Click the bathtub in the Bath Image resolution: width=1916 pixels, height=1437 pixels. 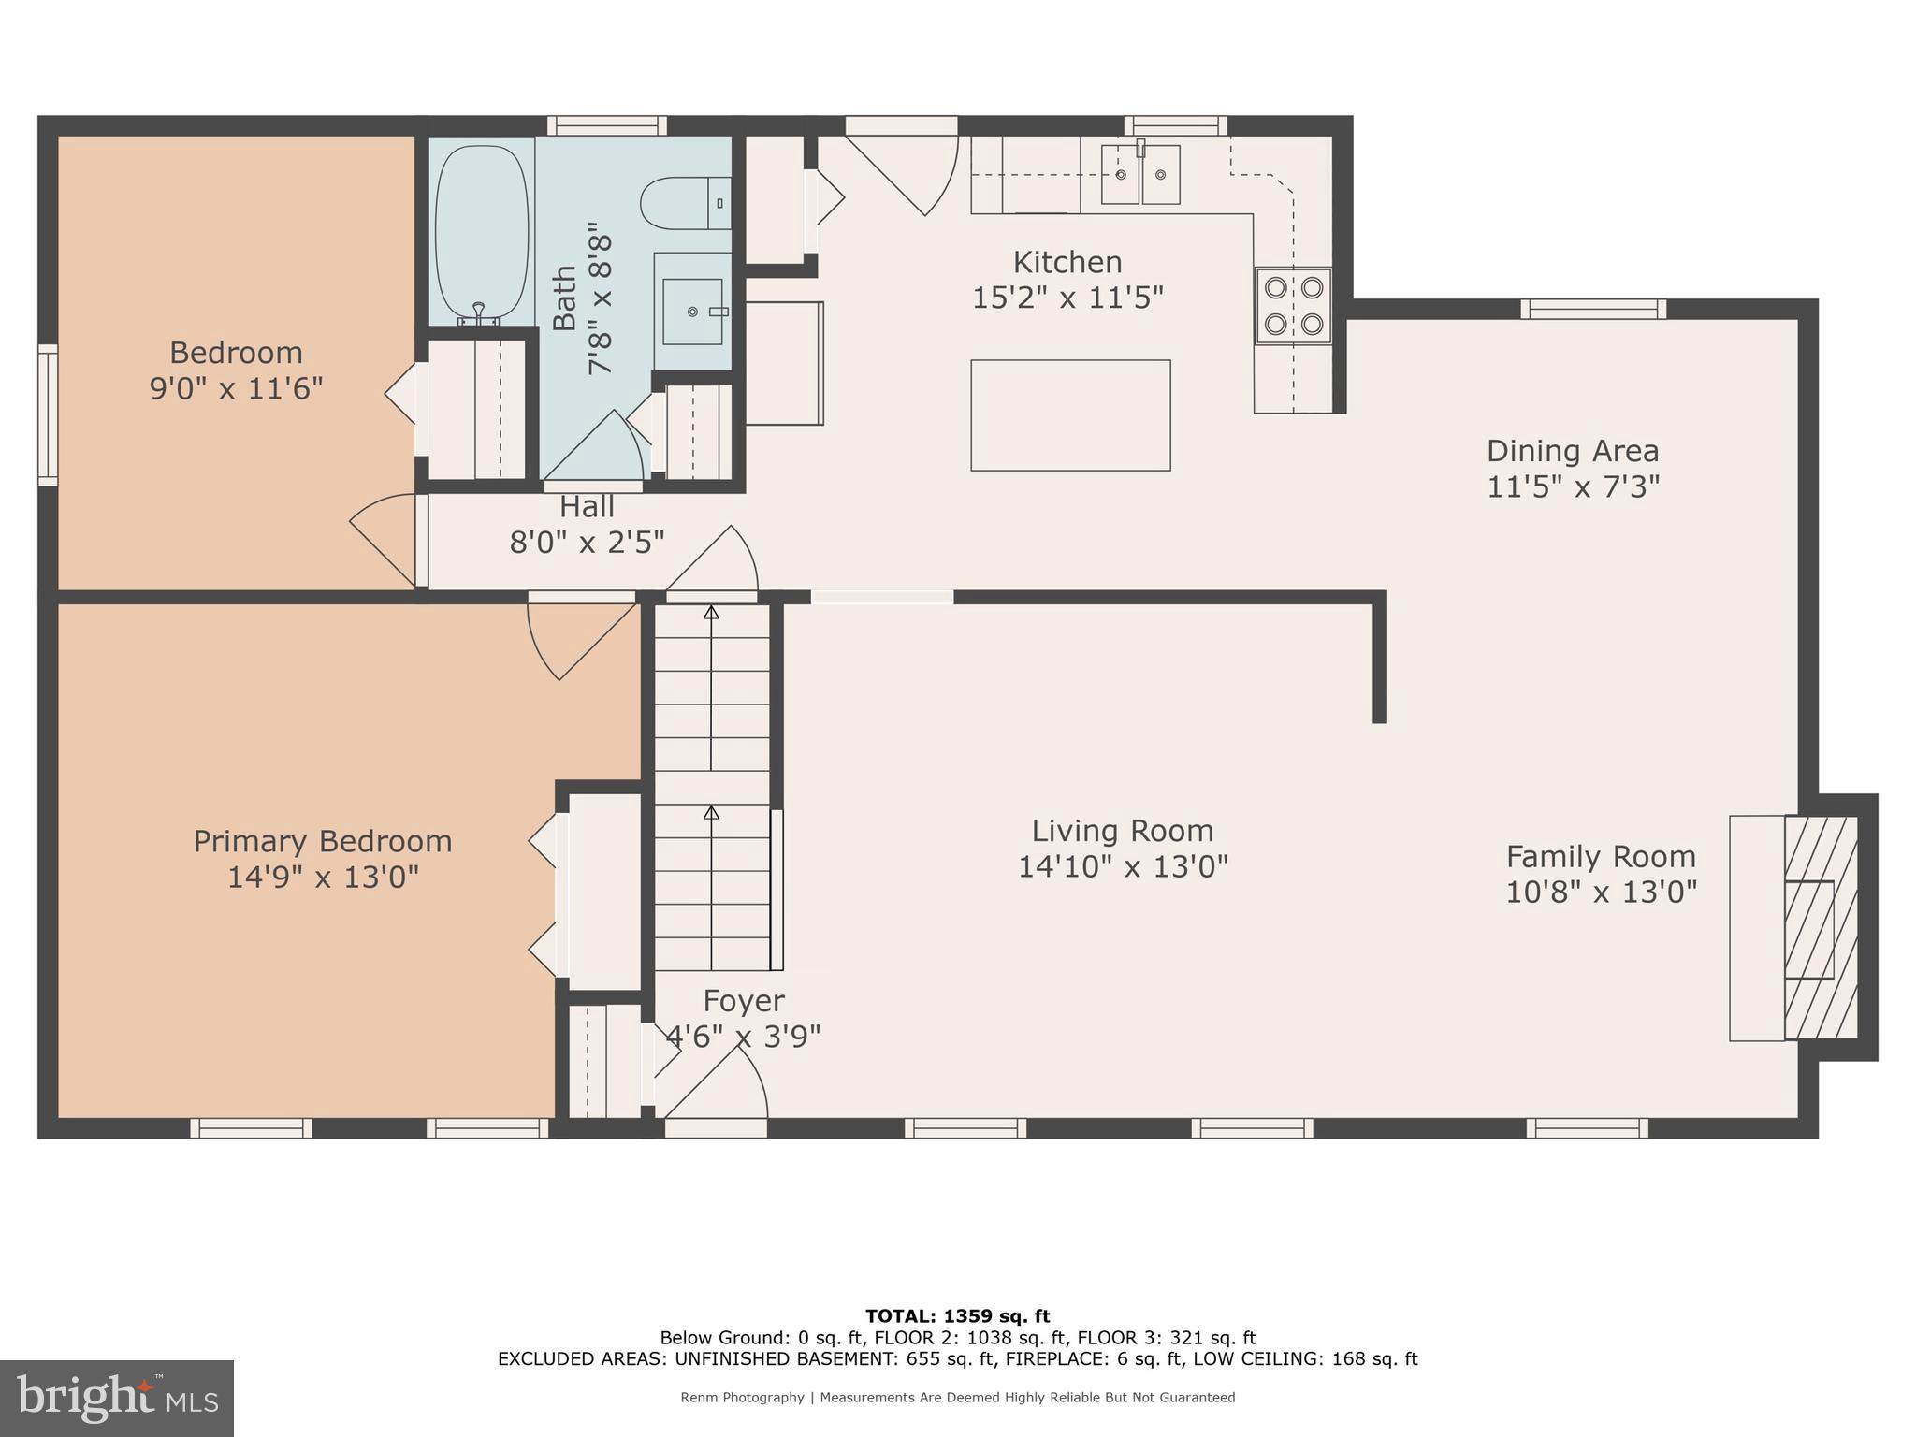tap(482, 231)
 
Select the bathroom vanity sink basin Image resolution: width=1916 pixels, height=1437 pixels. tap(692, 312)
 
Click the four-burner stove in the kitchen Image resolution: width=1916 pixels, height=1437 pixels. tap(1293, 305)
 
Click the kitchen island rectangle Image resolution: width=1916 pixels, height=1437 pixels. tap(1070, 414)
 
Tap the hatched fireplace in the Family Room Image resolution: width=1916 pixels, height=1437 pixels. tap(1820, 927)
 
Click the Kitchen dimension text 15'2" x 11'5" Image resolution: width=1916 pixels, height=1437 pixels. tap(1067, 298)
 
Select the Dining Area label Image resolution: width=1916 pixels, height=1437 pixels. tap(1572, 451)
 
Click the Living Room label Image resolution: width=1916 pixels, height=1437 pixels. tap(1122, 831)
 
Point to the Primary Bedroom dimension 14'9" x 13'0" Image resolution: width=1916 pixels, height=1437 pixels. tap(323, 878)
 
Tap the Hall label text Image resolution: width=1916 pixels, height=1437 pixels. tap(587, 507)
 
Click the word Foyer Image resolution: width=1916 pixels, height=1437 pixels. tap(743, 1001)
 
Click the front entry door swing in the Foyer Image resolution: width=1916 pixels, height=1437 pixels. tap(725, 1085)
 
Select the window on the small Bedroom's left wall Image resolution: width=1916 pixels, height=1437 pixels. tap(48, 414)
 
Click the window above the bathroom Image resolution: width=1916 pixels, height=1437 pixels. tap(607, 125)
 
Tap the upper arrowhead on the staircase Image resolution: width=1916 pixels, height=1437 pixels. tap(711, 613)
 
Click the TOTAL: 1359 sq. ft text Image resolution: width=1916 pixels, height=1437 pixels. tap(957, 1316)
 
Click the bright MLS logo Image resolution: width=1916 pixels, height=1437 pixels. tap(117, 1398)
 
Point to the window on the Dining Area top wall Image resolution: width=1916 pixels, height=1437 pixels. tap(1592, 309)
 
